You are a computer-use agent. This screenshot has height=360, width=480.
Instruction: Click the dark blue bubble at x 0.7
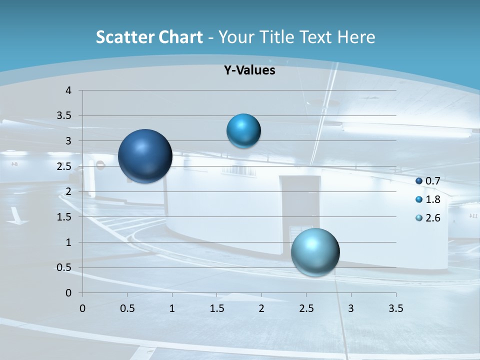click(x=145, y=156)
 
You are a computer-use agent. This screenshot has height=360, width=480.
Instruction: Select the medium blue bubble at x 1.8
click(x=243, y=131)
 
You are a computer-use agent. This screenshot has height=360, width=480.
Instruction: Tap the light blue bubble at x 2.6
click(x=315, y=252)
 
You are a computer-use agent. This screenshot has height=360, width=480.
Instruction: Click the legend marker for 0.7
click(x=419, y=181)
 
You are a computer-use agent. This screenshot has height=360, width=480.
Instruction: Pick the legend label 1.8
click(x=432, y=199)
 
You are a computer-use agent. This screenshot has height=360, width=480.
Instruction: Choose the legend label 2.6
click(x=432, y=218)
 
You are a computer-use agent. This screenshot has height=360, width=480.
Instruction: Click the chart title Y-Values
click(x=249, y=70)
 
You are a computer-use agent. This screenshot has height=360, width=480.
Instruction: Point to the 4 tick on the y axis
click(x=69, y=90)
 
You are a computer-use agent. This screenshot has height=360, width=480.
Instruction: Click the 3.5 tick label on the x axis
click(x=395, y=308)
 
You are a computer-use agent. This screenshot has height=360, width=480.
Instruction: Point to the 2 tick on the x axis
click(x=261, y=308)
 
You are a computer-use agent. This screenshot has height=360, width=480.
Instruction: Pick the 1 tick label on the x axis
click(x=172, y=308)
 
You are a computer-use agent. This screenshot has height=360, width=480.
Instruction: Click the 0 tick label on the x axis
click(x=82, y=308)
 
